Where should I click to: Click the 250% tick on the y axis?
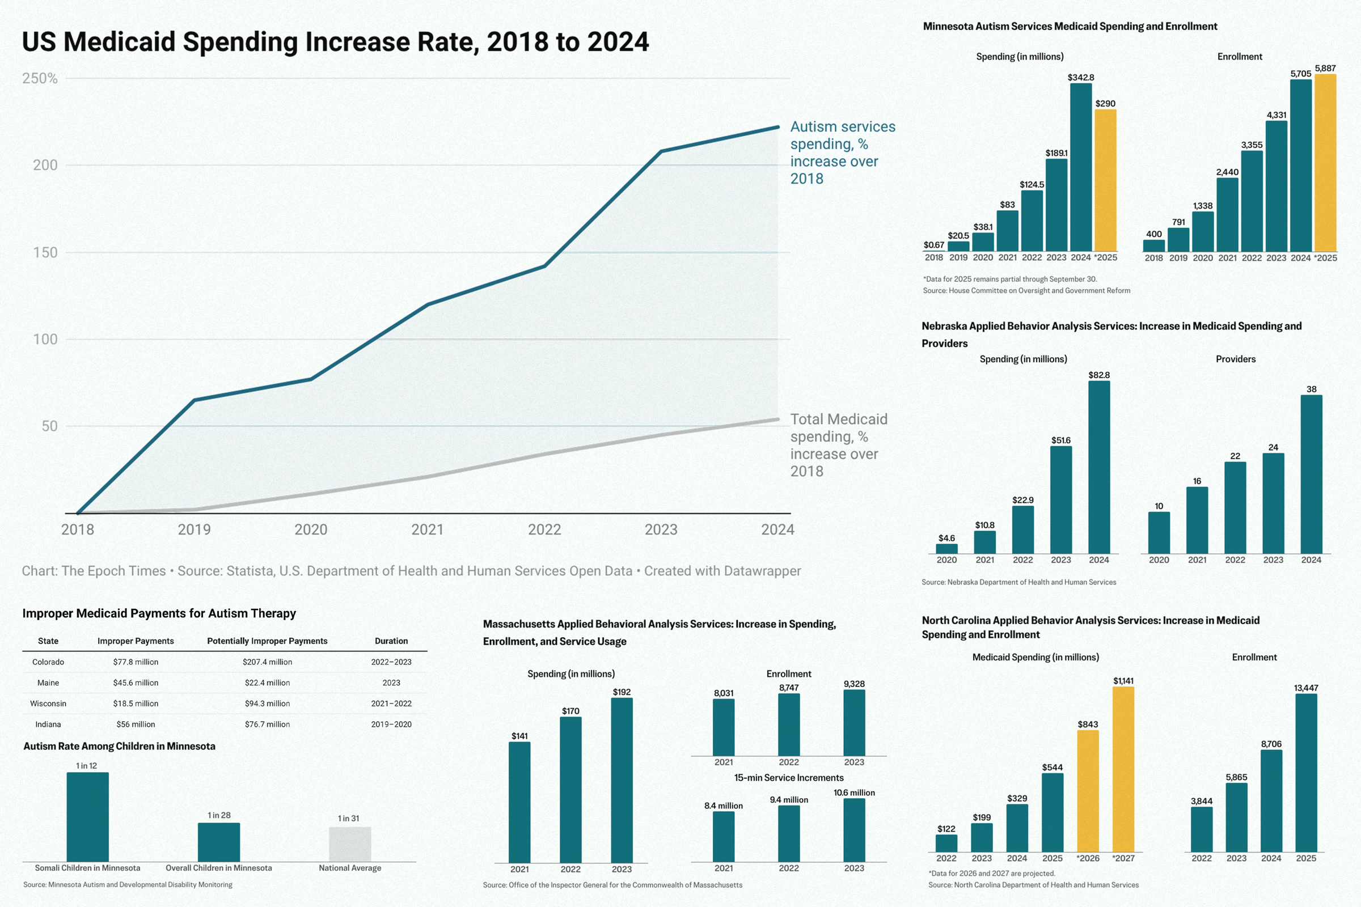point(39,78)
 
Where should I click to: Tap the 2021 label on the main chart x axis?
point(427,529)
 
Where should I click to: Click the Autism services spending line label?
point(842,152)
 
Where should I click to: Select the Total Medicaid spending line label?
point(839,445)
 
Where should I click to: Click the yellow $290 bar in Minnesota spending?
point(1105,180)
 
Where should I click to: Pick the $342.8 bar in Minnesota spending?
point(1080,168)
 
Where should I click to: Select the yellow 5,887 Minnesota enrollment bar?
point(1325,163)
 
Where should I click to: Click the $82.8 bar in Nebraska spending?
point(1099,467)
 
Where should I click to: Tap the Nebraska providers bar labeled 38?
point(1311,474)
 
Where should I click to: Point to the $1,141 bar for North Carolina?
point(1123,769)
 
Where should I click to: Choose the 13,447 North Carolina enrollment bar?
point(1306,773)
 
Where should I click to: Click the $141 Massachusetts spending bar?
point(519,802)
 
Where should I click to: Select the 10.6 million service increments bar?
point(854,830)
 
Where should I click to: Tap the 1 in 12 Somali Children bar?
point(87,817)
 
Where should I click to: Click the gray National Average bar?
point(350,845)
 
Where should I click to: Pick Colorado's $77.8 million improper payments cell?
point(136,662)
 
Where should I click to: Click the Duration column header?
point(391,641)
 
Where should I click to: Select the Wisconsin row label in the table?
point(48,703)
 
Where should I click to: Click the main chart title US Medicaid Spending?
point(335,41)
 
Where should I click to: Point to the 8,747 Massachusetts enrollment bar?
point(789,725)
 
